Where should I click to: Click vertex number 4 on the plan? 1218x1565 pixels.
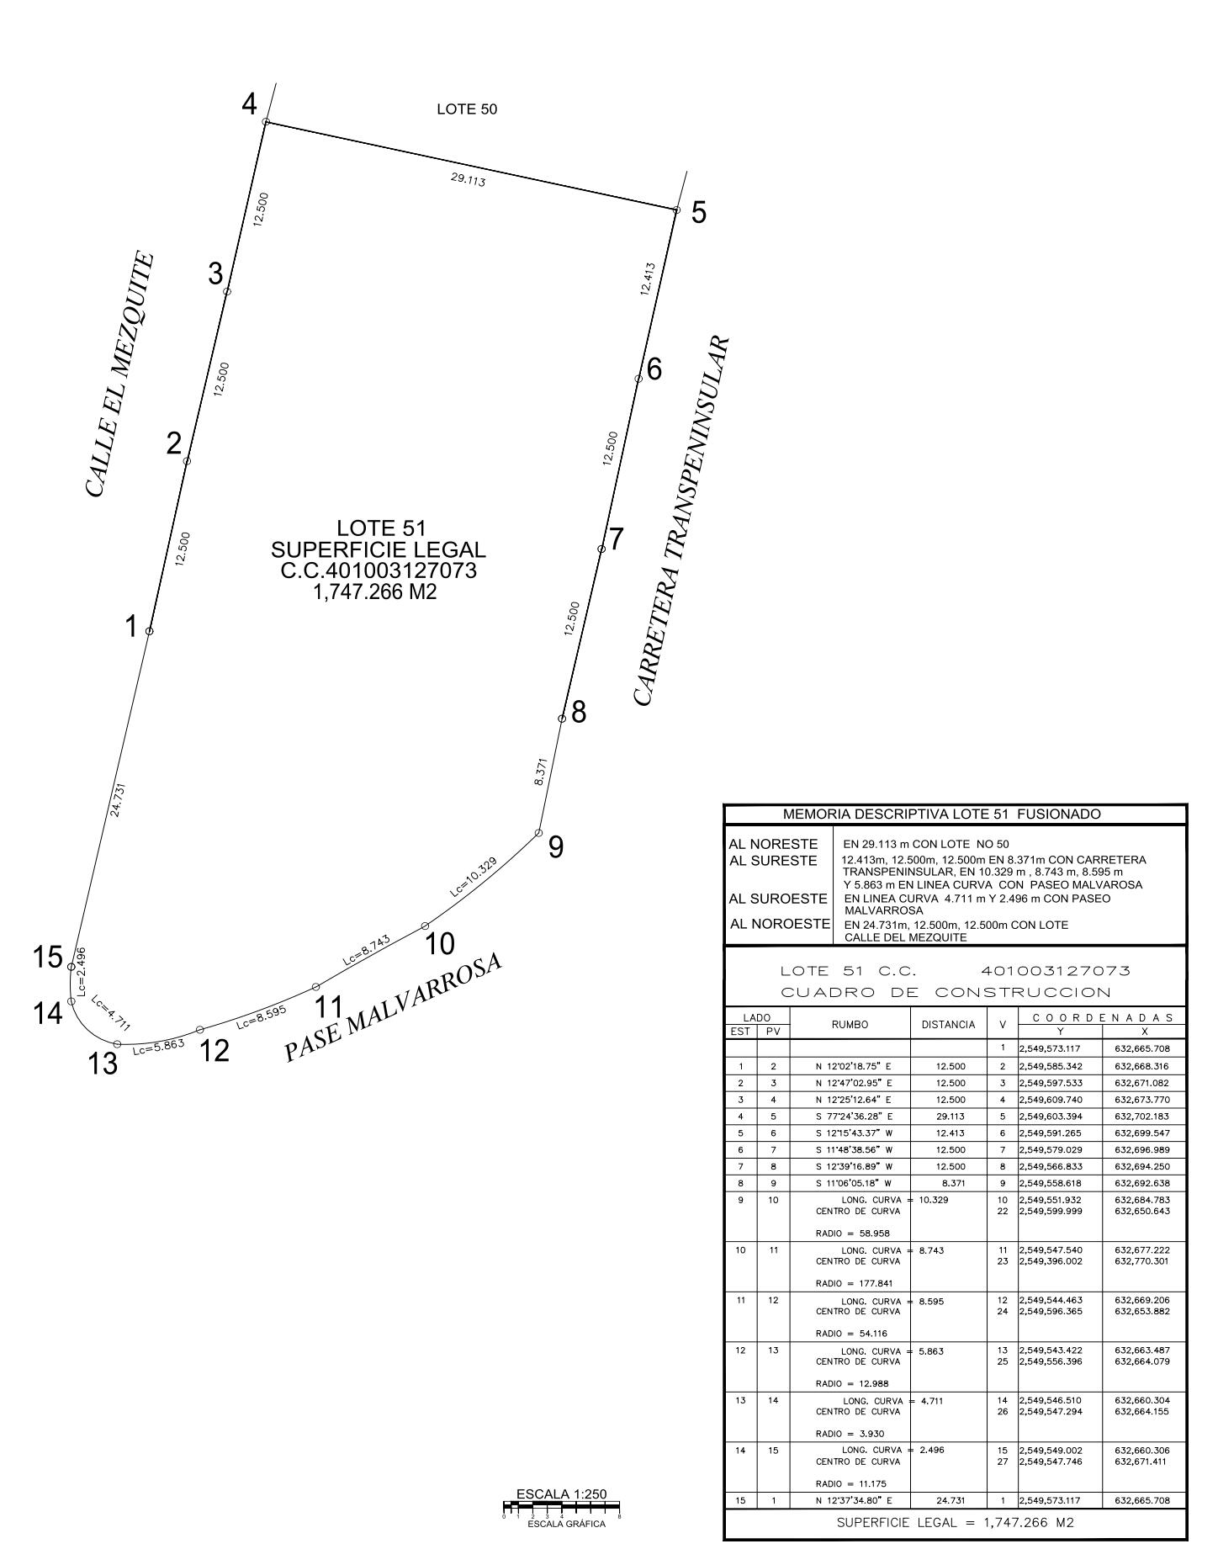tap(249, 105)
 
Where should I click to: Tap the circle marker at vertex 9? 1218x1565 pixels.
tap(538, 833)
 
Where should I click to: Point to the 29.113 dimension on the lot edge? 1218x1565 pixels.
tap(468, 179)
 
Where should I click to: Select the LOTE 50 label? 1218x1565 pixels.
tap(467, 109)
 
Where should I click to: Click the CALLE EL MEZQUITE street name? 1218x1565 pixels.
tap(119, 374)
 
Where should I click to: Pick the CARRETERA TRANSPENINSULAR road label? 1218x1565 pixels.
tap(681, 522)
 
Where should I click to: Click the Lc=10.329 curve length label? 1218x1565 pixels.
tap(473, 878)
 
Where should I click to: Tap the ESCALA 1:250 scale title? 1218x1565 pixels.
tap(561, 1493)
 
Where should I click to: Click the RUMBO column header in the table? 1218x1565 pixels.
tap(850, 1025)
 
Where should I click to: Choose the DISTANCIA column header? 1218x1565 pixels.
tap(948, 1025)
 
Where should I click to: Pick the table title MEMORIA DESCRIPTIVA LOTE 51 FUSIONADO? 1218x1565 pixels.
tap(941, 814)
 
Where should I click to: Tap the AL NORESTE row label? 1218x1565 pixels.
tap(773, 844)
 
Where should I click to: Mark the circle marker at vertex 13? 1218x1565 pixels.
tap(117, 1044)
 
